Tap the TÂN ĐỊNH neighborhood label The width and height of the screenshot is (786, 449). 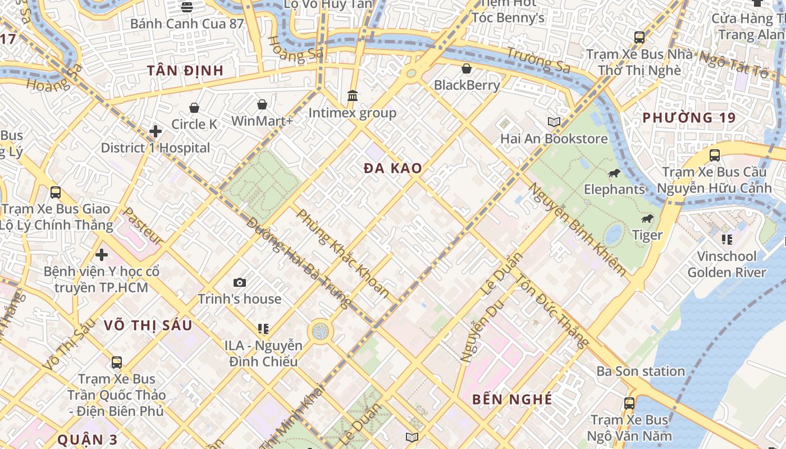pos(185,71)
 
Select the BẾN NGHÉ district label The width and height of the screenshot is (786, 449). pos(512,400)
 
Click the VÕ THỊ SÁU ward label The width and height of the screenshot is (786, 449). pos(148,326)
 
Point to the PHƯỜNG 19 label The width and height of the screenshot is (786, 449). pos(688,118)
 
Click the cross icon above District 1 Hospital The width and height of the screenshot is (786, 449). pos(156,132)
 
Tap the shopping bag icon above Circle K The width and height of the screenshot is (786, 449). pos(194,108)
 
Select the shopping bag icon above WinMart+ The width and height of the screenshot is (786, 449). pos(262,104)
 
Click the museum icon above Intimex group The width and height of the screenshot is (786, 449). pos(353,96)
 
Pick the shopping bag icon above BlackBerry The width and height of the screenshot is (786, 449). pos(467,68)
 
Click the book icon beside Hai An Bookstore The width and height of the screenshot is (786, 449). pos(554,122)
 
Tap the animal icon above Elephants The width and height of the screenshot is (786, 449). pos(614,173)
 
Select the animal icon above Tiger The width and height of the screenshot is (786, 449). pos(647,218)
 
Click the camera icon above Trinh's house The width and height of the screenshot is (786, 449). pos(240,282)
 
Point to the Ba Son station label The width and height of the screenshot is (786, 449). pos(641,372)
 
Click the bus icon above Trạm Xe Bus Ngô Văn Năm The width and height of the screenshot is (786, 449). pos(629,403)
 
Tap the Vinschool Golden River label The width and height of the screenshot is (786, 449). pos(726,264)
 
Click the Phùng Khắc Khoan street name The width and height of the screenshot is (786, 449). pos(342,253)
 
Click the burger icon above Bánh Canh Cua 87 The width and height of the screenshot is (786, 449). pos(187,7)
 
